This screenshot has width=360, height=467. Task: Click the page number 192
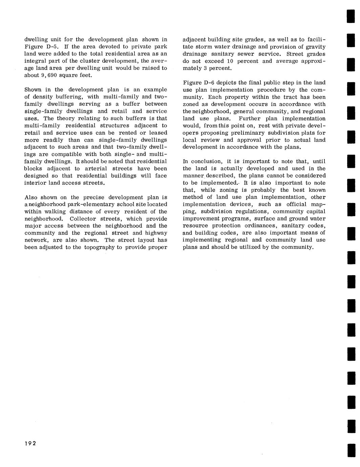point(30,444)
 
